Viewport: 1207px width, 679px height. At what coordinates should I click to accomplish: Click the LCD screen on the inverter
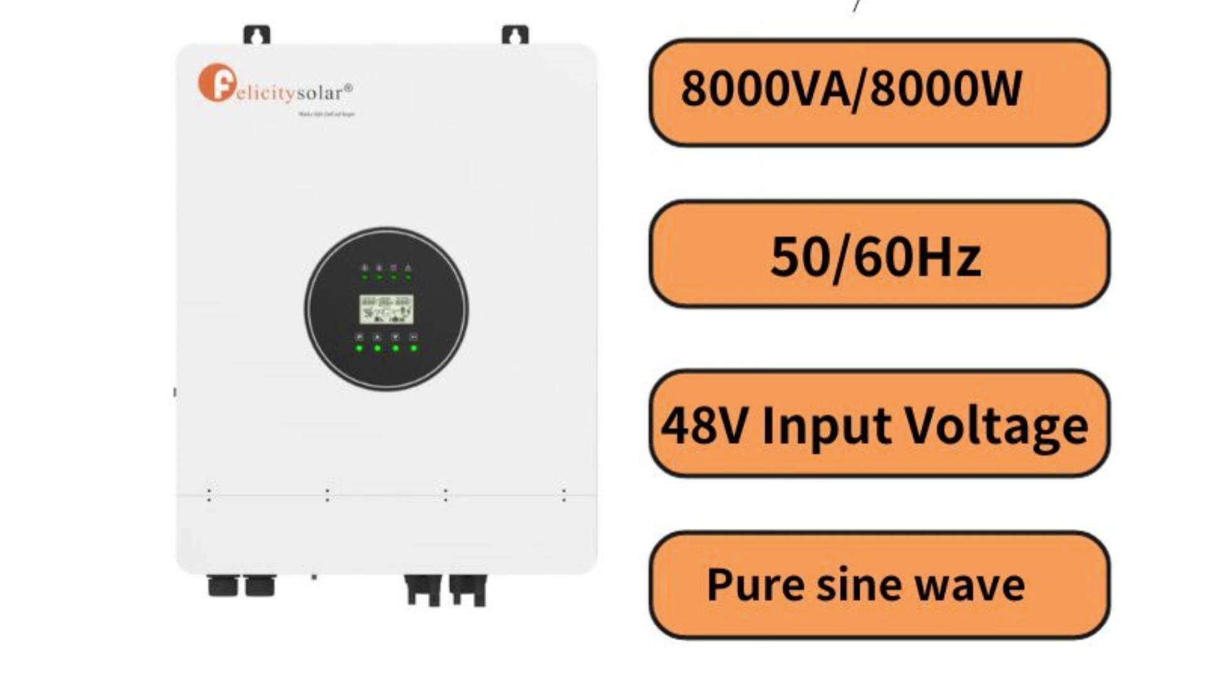pyautogui.click(x=386, y=309)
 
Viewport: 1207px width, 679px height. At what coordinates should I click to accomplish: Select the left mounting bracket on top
pyautogui.click(x=256, y=35)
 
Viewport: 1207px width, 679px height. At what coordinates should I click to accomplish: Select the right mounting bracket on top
pyautogui.click(x=515, y=35)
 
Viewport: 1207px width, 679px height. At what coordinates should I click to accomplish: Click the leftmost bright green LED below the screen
pyautogui.click(x=359, y=348)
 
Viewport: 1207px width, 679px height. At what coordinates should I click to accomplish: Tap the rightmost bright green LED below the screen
pyautogui.click(x=414, y=348)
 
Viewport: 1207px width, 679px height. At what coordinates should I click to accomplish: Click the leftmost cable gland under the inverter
pyautogui.click(x=223, y=586)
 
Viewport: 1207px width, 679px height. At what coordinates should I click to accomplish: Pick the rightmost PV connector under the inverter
pyautogui.click(x=468, y=590)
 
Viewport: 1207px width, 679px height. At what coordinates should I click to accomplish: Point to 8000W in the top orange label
pyautogui.click(x=946, y=89)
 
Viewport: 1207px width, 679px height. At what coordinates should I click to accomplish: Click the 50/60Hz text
pyautogui.click(x=875, y=257)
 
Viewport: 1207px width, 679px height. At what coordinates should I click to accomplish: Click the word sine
pyautogui.click(x=857, y=585)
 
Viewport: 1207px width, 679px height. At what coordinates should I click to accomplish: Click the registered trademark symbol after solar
pyautogui.click(x=349, y=87)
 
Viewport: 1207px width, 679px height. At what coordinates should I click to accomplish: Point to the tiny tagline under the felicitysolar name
pyautogui.click(x=326, y=114)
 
